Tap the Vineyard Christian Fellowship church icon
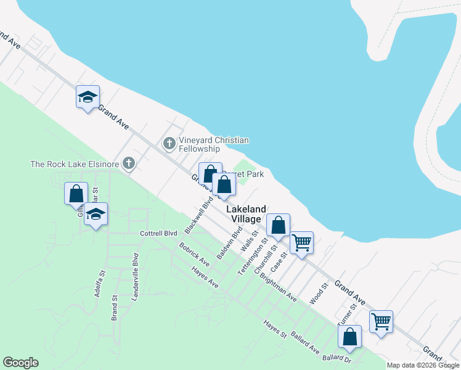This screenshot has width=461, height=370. coord(169,144)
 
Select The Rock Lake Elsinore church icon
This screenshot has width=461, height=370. coord(128,163)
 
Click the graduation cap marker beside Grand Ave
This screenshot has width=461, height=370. coord(88,97)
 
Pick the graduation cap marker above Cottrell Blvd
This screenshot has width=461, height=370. coord(96,214)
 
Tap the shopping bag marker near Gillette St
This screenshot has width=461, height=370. coord(76,194)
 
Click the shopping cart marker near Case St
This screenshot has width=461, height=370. coord(301,242)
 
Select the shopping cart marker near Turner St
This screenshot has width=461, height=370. coord(381,321)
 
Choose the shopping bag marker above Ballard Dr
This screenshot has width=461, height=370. coord(349,337)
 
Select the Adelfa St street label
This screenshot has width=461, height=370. coord(99,284)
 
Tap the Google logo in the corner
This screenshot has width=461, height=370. coord(20,363)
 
